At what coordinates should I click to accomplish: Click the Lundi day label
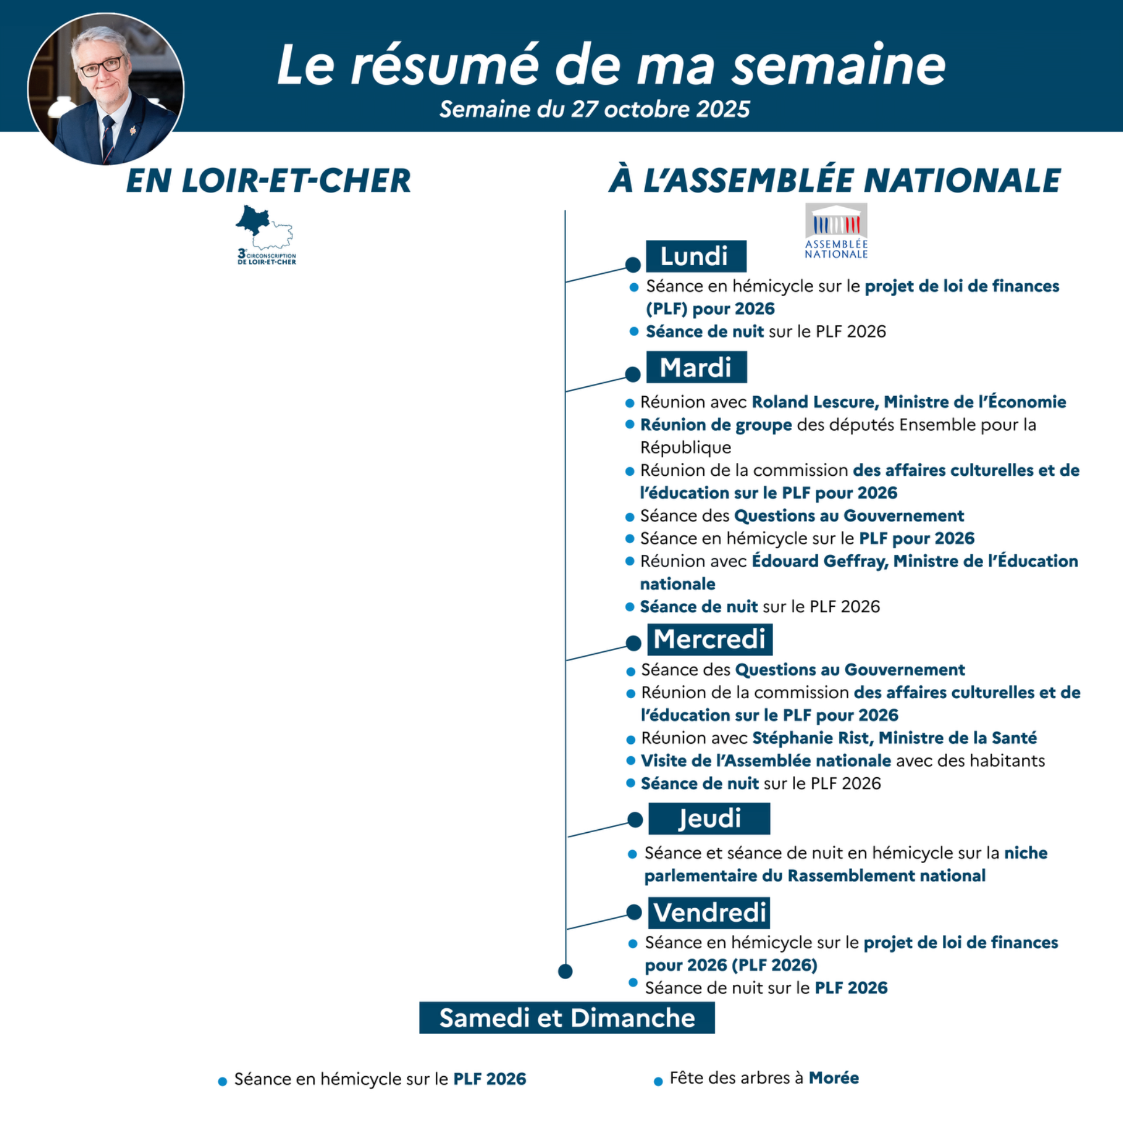695,256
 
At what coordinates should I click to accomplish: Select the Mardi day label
696,368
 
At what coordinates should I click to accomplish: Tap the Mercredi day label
709,639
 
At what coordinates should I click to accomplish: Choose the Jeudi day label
709,818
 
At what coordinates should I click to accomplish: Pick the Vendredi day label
709,912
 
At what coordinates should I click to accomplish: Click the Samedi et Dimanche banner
567,1018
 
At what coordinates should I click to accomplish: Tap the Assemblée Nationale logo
836,231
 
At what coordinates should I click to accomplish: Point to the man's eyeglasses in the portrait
101,66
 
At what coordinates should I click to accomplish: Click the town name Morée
833,1078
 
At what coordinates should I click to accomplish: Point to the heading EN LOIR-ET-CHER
268,180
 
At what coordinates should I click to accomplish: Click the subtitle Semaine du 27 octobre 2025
594,109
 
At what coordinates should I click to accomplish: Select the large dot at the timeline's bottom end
565,971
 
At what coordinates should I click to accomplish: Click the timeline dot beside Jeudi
635,820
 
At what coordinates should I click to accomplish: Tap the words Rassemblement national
886,875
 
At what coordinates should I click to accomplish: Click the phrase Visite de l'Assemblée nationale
766,761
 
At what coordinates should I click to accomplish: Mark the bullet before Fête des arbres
658,1081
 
